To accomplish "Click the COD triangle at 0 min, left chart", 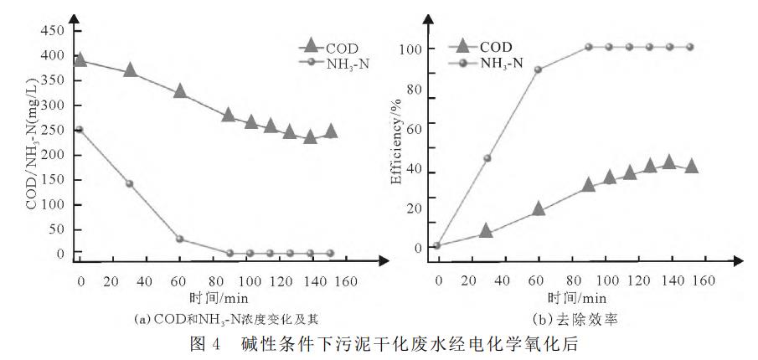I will coord(80,59).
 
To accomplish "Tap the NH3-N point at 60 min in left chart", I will coord(180,239).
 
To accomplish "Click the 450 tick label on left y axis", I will coord(53,31).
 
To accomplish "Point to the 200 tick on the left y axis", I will coord(53,155).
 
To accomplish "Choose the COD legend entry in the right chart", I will coord(486,47).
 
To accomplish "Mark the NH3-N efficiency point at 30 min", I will coord(487,158).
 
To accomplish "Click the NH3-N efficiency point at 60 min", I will coord(539,69).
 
